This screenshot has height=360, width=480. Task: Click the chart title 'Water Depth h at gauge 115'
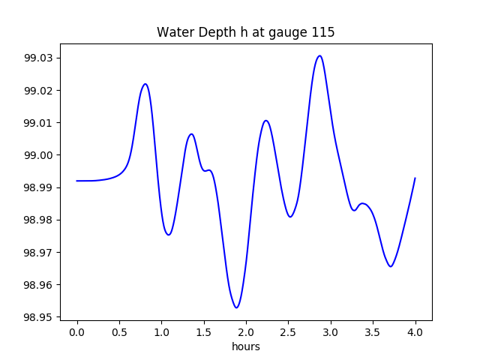click(x=245, y=32)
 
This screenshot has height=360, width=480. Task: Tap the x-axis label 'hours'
click(x=246, y=346)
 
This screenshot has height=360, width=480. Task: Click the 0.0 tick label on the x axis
click(x=77, y=331)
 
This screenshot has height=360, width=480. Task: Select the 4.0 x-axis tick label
click(x=415, y=331)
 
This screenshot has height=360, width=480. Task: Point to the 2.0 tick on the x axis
click(x=246, y=331)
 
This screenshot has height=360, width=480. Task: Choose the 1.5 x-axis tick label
click(x=204, y=331)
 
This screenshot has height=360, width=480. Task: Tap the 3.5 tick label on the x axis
click(x=373, y=331)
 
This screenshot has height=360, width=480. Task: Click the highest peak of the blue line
click(x=319, y=55)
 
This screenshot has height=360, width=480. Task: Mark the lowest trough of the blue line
click(x=236, y=307)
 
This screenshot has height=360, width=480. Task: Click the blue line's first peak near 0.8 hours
click(x=145, y=84)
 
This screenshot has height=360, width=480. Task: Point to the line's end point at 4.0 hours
click(x=415, y=178)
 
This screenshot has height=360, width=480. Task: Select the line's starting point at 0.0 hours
click(x=77, y=181)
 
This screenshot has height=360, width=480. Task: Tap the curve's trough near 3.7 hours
click(x=391, y=266)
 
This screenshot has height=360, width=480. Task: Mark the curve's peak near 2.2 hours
click(x=265, y=120)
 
